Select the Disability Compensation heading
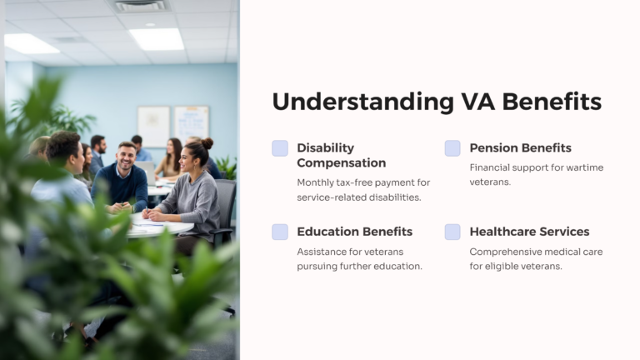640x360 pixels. pos(341,155)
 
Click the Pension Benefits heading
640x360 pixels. pos(520,147)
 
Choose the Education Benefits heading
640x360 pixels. pos(354,232)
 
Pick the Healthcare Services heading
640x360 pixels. pos(529,232)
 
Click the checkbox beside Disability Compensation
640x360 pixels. pos(280,148)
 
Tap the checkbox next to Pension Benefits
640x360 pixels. pos(452,148)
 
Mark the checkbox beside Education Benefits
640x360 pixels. pos(280,232)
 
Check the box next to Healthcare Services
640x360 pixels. pos(452,232)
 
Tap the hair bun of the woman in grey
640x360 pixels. pos(207,143)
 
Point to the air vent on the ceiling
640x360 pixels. pos(140,7)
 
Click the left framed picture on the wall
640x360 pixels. pos(153,126)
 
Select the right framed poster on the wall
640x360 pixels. pos(191,123)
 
